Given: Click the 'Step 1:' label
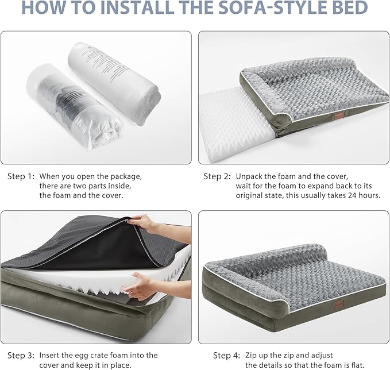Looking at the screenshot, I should (x=21, y=176).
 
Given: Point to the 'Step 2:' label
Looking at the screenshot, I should (x=218, y=176).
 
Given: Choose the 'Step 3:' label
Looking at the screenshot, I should (x=21, y=355).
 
